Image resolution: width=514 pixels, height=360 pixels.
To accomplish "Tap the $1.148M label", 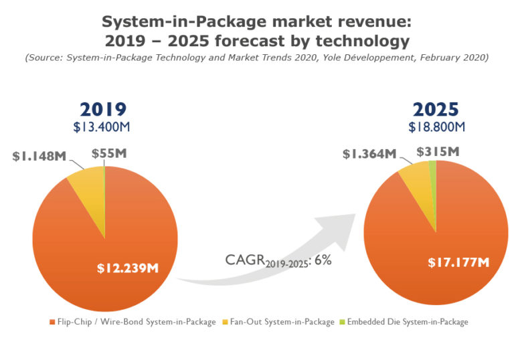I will click(39, 157).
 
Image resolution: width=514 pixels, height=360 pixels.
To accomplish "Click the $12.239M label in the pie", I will click(127, 268).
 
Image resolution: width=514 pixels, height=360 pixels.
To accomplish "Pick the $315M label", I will click(438, 153).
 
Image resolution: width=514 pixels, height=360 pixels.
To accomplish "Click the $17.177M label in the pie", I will click(459, 261).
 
